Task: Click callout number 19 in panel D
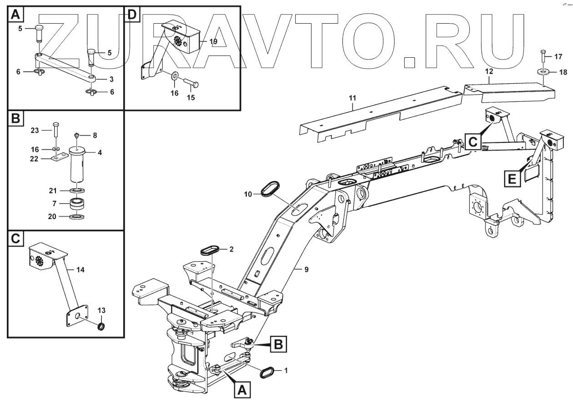(213, 41)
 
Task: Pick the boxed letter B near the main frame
(278, 345)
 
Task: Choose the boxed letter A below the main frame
(241, 390)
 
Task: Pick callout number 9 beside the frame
(306, 269)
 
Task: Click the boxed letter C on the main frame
(473, 142)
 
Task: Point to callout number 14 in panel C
(80, 269)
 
